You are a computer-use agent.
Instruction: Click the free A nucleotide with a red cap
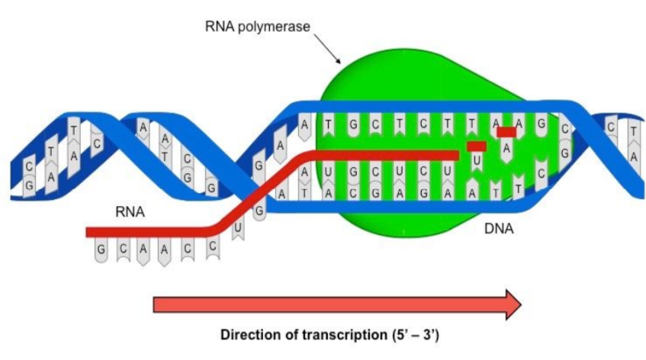click(x=506, y=147)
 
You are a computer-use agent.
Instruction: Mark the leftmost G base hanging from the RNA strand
click(x=101, y=250)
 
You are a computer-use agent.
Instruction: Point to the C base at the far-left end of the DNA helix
click(x=29, y=166)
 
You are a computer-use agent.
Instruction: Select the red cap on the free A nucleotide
click(x=506, y=132)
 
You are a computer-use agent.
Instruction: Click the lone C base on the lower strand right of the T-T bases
click(x=541, y=174)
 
